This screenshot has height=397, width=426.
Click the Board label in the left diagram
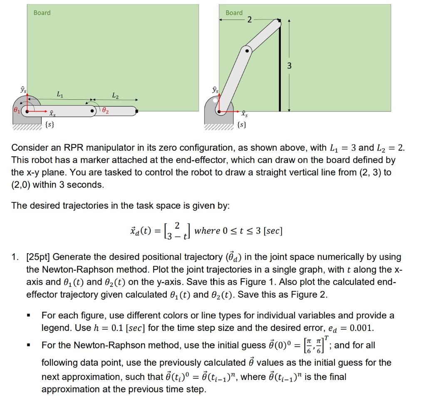[x=42, y=13]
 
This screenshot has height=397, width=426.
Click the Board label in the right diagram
[x=234, y=13]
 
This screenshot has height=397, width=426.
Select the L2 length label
[x=114, y=96]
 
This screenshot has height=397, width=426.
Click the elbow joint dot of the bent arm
[x=247, y=51]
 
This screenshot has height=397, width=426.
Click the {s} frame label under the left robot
[x=49, y=124]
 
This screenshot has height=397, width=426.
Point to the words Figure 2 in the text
[x=307, y=294]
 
